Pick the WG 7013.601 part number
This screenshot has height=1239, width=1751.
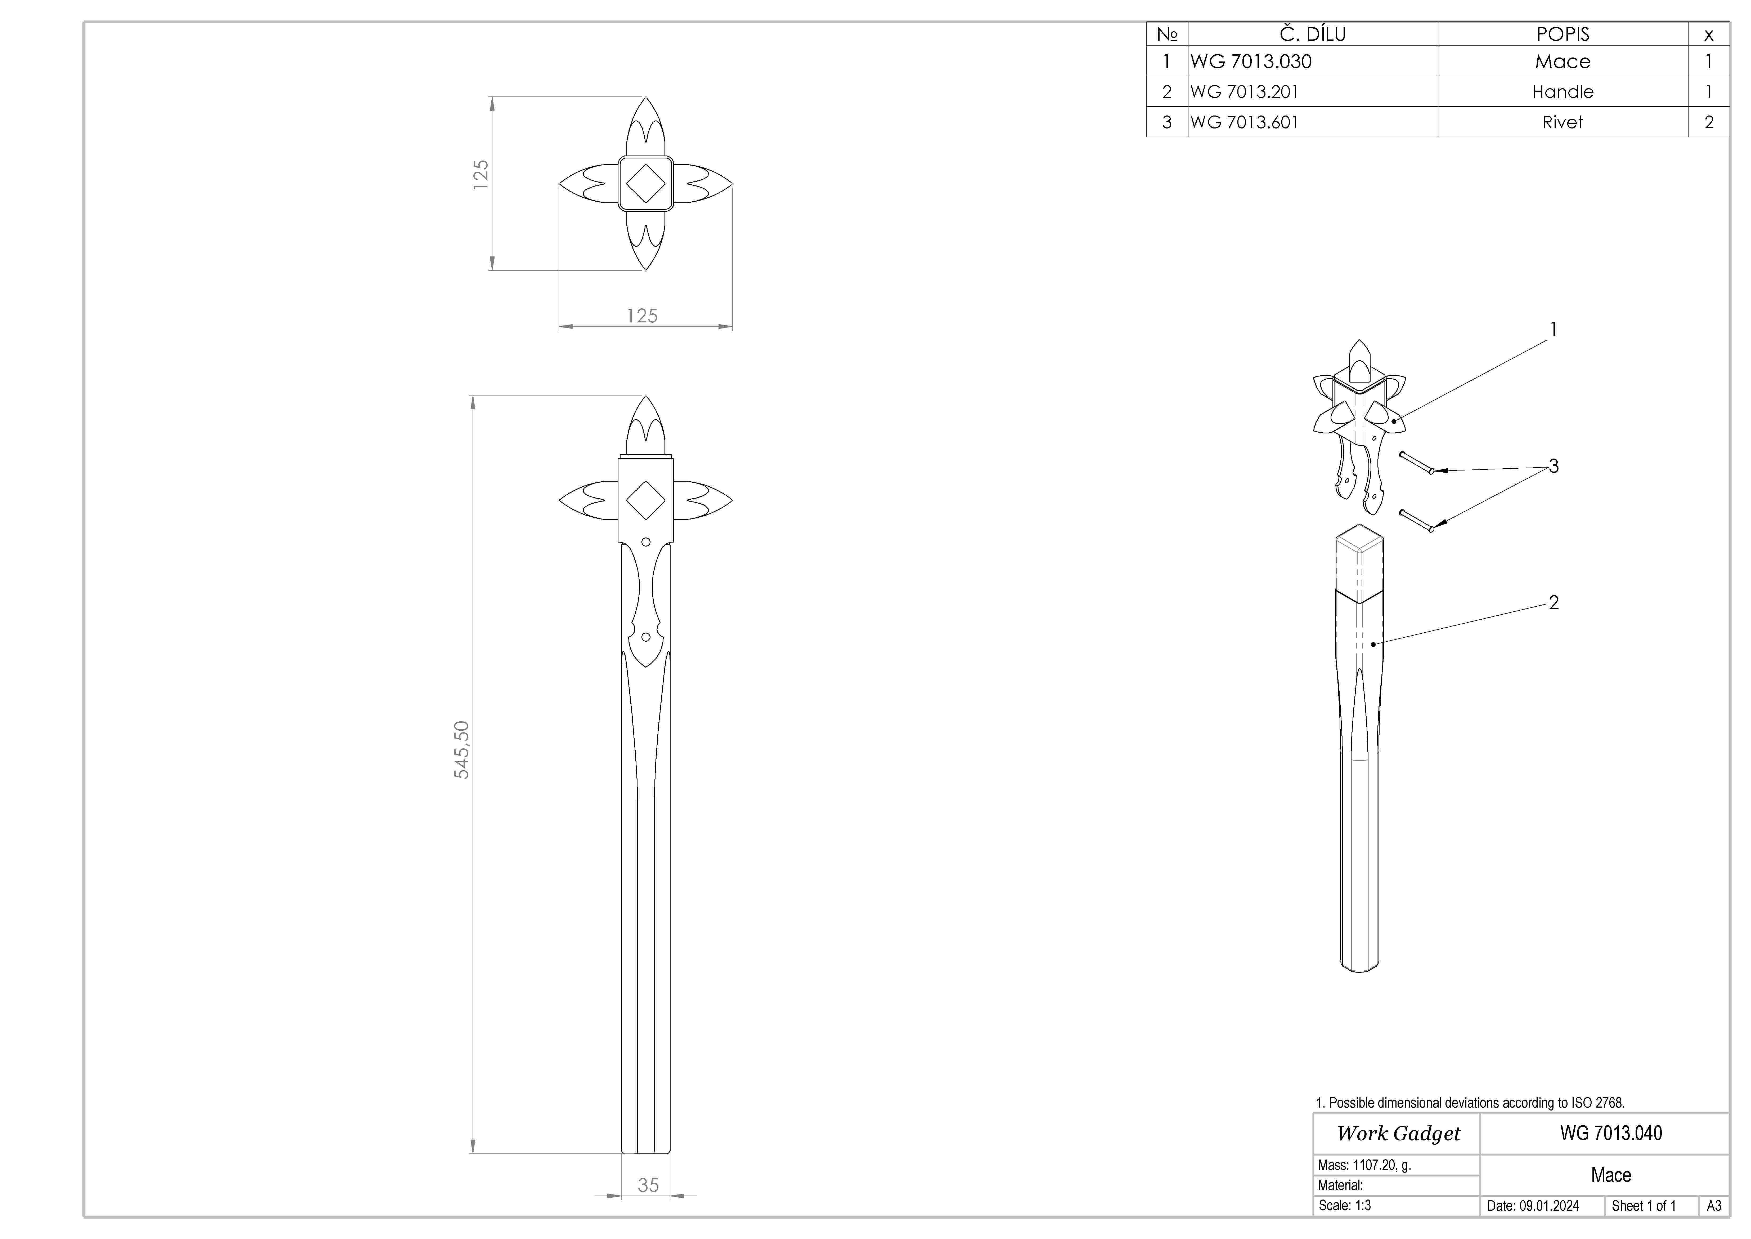pyautogui.click(x=1244, y=122)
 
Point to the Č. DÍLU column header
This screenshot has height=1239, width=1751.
pyautogui.click(x=1313, y=34)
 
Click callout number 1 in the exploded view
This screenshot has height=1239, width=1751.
pyautogui.click(x=1554, y=330)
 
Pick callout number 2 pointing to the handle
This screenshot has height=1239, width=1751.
pyautogui.click(x=1554, y=603)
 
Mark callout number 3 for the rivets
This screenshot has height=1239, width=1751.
pyautogui.click(x=1554, y=466)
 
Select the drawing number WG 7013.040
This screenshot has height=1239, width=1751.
pyautogui.click(x=1611, y=1133)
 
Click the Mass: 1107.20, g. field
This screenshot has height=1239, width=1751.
pyautogui.click(x=1364, y=1165)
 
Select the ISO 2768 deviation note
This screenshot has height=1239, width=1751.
pyautogui.click(x=1470, y=1102)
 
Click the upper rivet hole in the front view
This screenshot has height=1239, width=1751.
pyautogui.click(x=646, y=542)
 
